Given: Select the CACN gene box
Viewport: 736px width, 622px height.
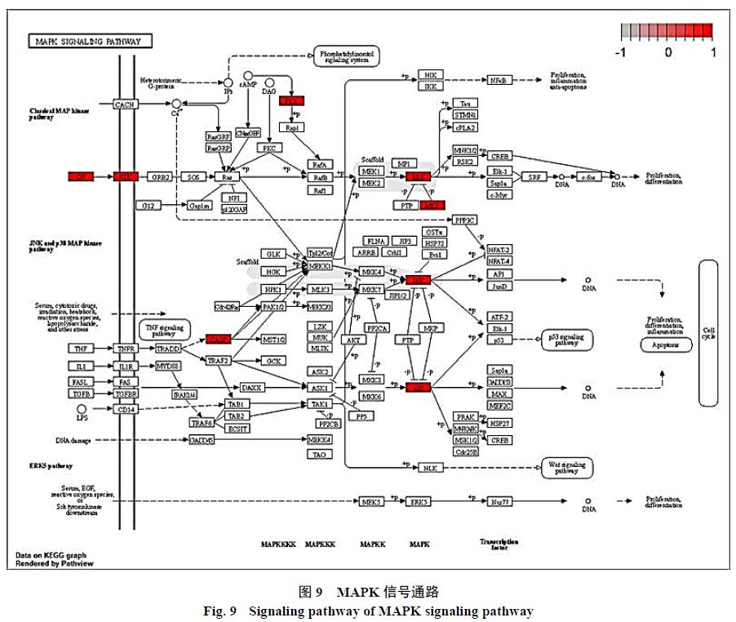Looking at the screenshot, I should coord(125,104).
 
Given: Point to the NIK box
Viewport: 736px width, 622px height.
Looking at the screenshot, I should coord(430,75).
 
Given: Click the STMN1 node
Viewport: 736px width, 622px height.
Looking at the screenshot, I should coord(465,115).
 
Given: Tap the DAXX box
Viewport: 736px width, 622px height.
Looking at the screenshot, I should coord(251,388).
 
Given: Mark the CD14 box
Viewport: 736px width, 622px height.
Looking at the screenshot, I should coord(126,409).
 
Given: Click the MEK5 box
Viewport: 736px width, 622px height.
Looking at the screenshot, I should coord(371,501).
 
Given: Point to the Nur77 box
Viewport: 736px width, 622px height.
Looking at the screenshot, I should coord(499,501).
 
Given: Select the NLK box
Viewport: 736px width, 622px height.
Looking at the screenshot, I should coord(430,467).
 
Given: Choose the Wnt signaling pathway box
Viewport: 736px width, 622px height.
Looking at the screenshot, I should coord(566,467).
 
